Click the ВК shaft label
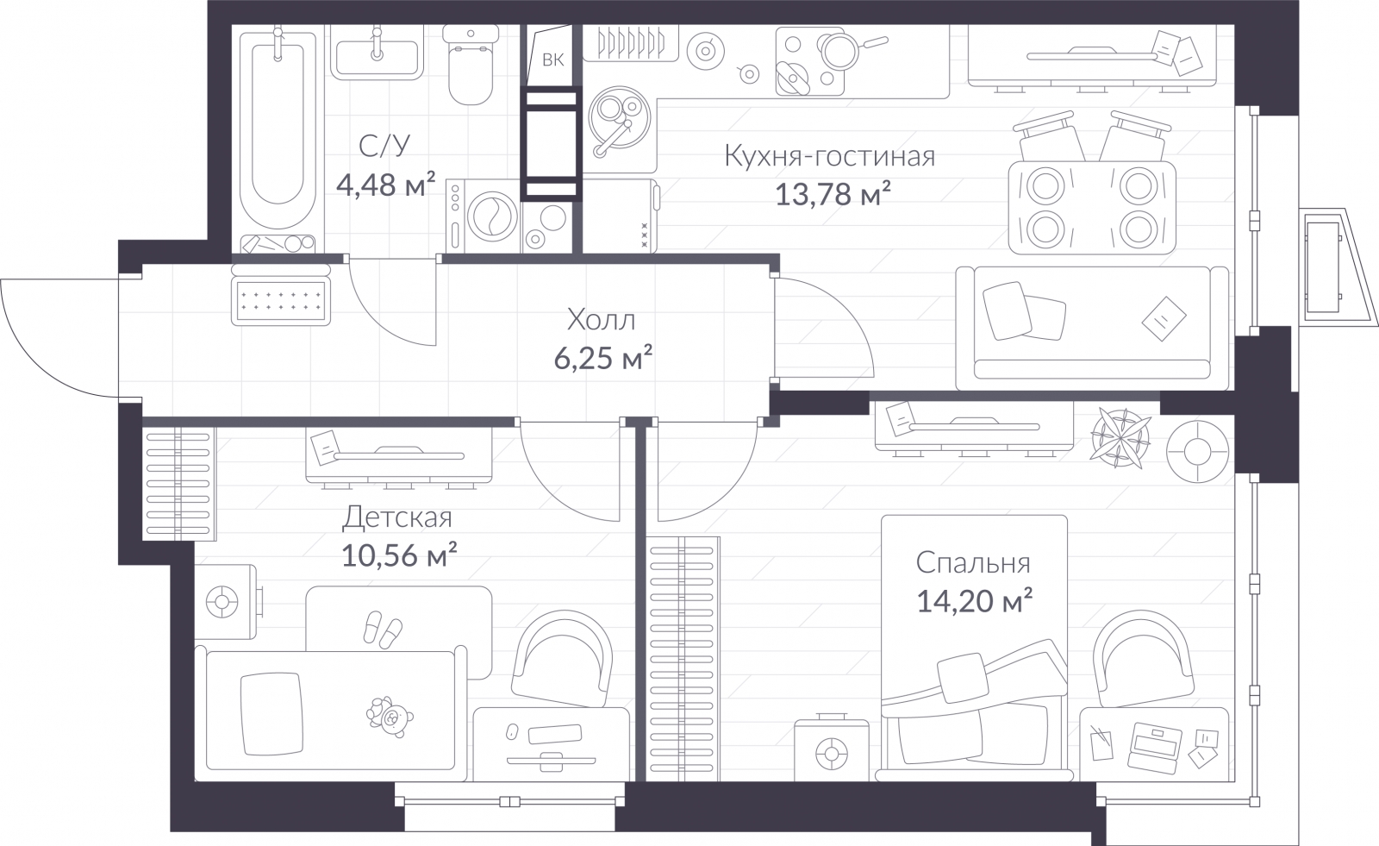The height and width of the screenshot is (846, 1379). coord(552,60)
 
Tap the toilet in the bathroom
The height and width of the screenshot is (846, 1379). coord(471,65)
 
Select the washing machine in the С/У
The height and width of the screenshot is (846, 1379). coord(483,216)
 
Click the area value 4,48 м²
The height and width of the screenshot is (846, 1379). coord(386,184)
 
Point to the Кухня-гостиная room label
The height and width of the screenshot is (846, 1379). coord(829,156)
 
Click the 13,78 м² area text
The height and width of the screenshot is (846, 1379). coord(833,194)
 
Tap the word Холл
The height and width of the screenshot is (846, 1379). coord(601,321)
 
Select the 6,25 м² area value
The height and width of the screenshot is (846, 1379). coord(602,358)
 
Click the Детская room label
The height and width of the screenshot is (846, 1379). coord(397,517)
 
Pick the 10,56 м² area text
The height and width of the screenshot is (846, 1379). coord(399,555)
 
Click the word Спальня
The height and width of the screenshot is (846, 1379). coord(973,563)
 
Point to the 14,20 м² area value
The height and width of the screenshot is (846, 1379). coord(975,601)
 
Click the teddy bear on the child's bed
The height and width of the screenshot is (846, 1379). coord(389,718)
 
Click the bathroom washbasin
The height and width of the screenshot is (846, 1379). coord(377,53)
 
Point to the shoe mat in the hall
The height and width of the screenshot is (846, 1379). coord(281,301)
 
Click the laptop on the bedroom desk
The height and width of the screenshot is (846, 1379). coord(1156,748)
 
